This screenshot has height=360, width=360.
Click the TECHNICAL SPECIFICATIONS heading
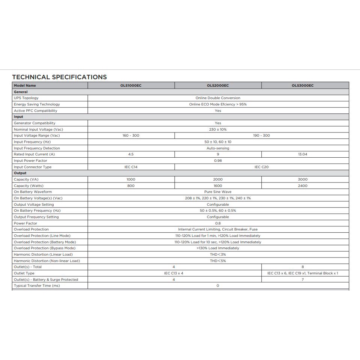coord(59,77)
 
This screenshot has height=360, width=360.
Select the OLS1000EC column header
coord(131,86)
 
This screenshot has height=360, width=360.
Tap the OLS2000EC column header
coord(218,86)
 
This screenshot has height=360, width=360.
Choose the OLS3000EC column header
coord(303,86)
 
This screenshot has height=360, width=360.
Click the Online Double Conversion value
coord(218,98)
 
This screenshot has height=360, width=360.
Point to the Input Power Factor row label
coord(30,161)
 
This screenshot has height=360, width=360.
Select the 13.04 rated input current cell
coord(303,154)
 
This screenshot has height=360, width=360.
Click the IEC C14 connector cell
coord(131,167)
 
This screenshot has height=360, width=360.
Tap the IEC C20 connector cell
coord(261,167)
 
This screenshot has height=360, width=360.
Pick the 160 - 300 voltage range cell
coord(131,136)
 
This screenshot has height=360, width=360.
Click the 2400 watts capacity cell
coord(303,186)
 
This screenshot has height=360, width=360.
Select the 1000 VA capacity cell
coord(131,179)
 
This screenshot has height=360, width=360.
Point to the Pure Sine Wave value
coord(218,192)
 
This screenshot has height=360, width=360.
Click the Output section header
coord(20,173)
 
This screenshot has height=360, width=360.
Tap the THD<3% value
coord(218,255)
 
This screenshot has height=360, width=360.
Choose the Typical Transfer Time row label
coord(37,286)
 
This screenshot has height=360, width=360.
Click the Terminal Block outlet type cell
coord(303,273)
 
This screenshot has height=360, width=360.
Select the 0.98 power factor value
coord(218,161)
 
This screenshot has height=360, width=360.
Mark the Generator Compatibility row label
coord(35,123)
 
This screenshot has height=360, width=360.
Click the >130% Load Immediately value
coord(218,248)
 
